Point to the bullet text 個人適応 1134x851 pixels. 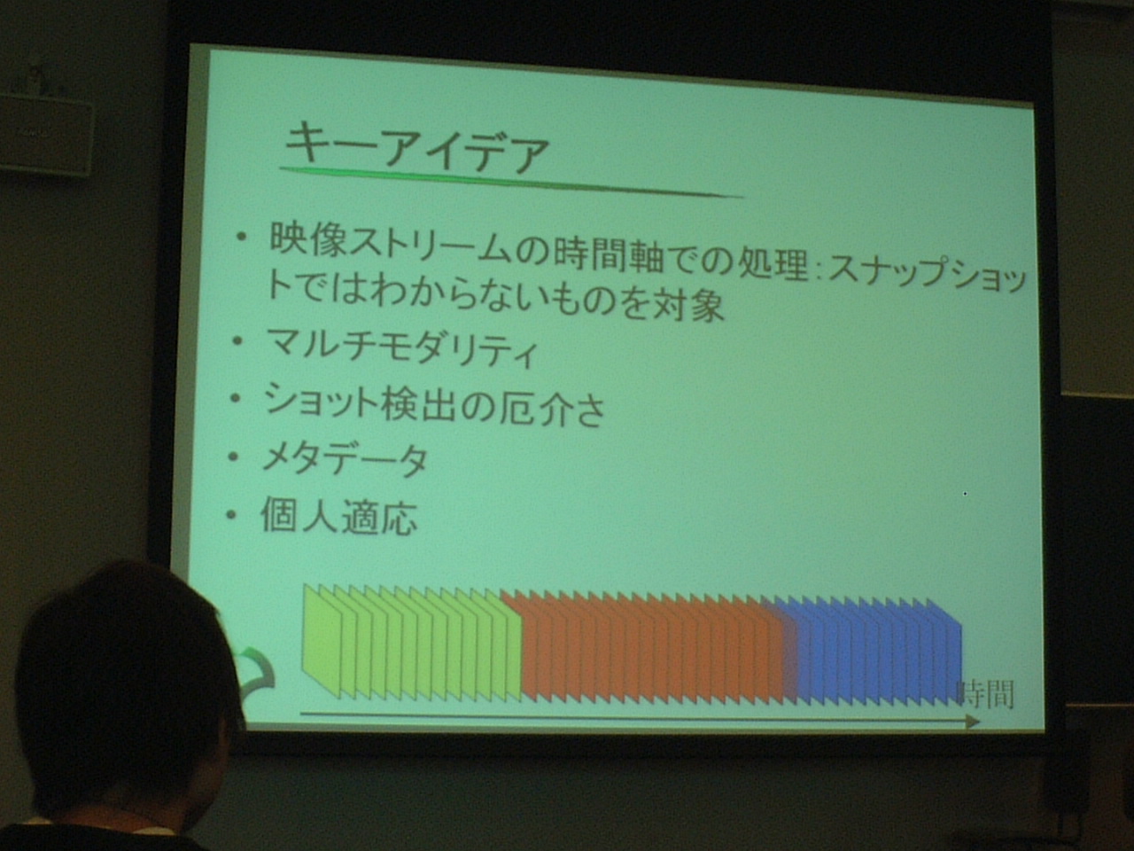pos(338,515)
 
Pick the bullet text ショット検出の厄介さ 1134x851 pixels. pos(434,406)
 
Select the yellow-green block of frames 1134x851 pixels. pos(412,644)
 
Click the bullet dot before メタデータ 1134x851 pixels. pos(233,457)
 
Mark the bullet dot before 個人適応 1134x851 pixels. pos(231,514)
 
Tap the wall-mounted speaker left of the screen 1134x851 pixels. pos(45,135)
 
